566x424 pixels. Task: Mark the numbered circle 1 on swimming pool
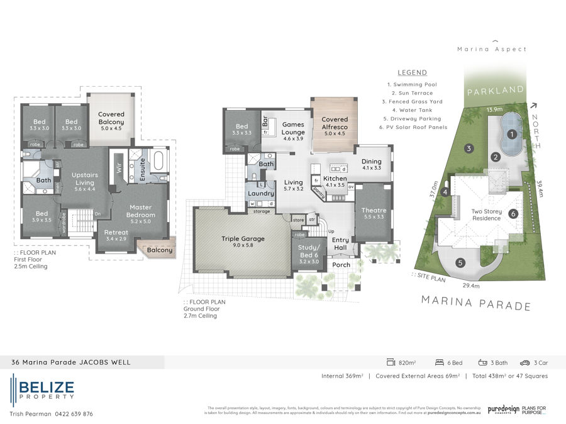512,133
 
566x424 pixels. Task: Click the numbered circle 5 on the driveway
461,262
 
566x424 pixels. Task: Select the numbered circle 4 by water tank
445,192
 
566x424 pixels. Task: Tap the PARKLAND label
496,91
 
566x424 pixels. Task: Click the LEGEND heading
412,72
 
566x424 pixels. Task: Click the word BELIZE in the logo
47,386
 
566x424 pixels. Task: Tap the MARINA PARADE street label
475,305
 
